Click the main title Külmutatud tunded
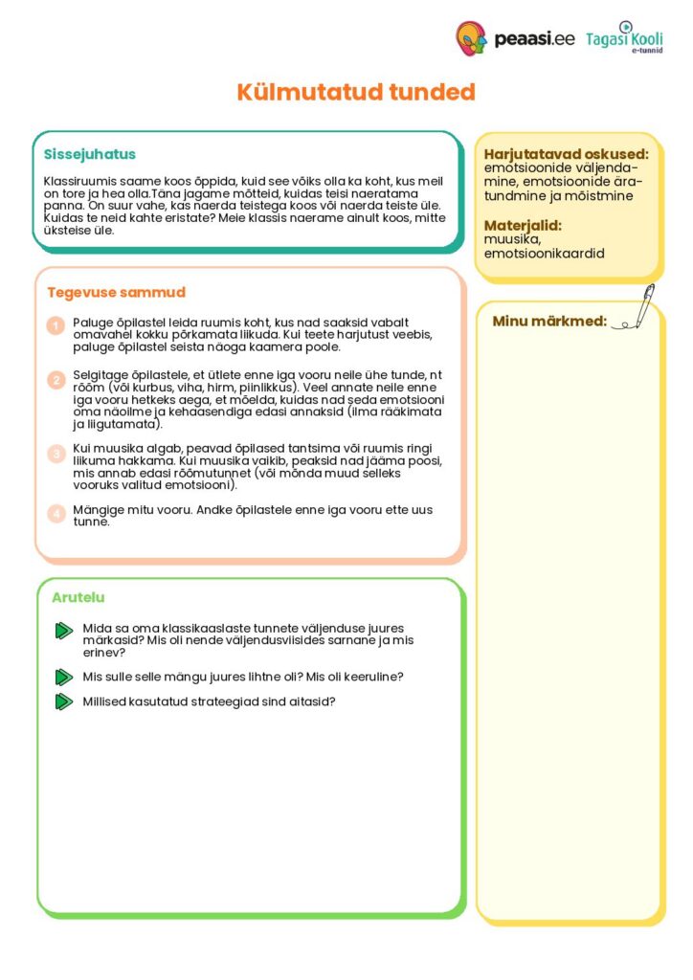356,92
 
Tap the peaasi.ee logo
515,38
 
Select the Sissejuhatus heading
90,154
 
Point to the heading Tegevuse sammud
116,292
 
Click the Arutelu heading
78,598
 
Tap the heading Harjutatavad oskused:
566,154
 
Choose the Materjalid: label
523,226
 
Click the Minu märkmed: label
549,321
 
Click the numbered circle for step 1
56,326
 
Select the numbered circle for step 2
56,380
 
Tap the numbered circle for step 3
56,453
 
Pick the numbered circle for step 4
56,513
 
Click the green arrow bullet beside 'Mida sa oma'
64,630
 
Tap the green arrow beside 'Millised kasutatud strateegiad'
64,702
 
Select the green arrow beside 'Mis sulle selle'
64,677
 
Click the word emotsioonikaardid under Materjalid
544,254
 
